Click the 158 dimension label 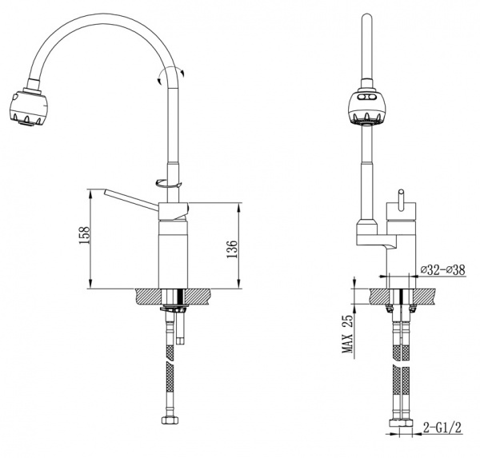(x=84, y=235)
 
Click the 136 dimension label (x=232, y=249)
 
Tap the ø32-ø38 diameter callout (x=442, y=270)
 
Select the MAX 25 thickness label (x=347, y=334)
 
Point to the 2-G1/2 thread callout (x=442, y=428)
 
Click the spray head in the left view (x=28, y=106)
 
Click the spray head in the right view (x=366, y=108)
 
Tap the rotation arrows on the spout (x=170, y=75)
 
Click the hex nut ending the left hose (x=170, y=420)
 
